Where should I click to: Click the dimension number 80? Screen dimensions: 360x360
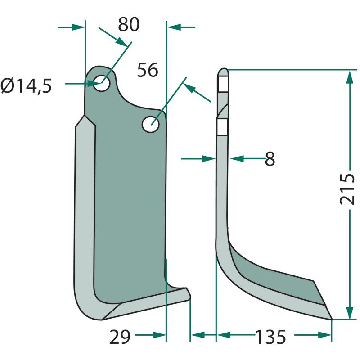coord(129,24)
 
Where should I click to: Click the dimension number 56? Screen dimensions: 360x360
coord(148,70)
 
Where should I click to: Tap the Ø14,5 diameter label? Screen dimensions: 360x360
coord(26,86)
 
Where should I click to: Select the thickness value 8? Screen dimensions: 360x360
coord(270,159)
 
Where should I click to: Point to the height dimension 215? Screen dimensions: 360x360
coord(347,189)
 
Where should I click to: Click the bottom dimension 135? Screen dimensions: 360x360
coord(271,337)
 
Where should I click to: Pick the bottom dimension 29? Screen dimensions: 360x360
coord(120,337)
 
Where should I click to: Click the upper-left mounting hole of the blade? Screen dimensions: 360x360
coord(101,83)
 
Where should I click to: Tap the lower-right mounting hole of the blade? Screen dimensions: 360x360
coord(151,124)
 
